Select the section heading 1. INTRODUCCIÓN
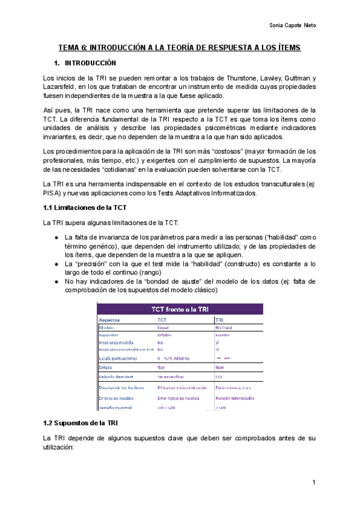pos(85,63)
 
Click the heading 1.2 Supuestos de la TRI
pos(80,423)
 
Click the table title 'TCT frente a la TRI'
pos(179,309)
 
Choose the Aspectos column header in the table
pos(111,320)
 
